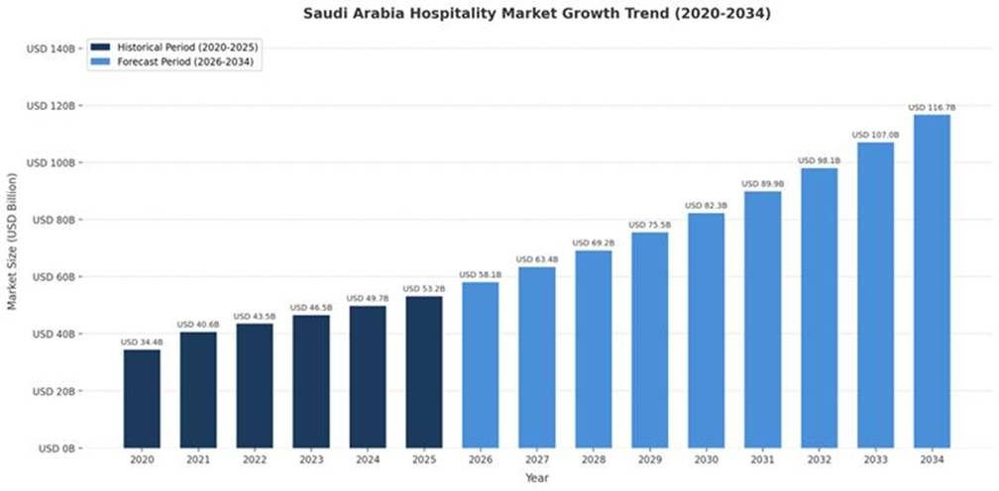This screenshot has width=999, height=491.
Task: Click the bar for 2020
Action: tap(142, 398)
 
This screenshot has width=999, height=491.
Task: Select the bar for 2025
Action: tap(423, 371)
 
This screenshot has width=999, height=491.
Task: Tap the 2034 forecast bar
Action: tap(932, 281)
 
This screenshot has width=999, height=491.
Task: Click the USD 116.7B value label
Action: tap(932, 107)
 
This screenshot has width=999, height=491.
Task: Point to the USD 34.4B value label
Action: tap(142, 343)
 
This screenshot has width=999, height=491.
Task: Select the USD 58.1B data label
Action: tap(480, 274)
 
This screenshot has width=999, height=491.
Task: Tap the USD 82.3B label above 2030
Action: tap(706, 205)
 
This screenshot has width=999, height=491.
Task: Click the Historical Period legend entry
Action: tap(181, 47)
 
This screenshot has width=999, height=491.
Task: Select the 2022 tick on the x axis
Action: tap(255, 461)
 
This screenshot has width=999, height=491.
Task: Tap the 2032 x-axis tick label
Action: tap(819, 461)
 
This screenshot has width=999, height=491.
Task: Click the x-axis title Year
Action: tap(536, 478)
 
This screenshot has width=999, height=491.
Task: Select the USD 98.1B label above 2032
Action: tap(819, 160)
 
